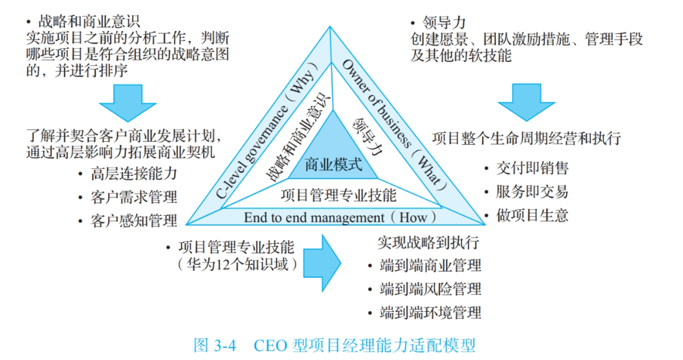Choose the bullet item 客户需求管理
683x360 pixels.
pos(133,197)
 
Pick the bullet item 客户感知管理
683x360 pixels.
pos(133,220)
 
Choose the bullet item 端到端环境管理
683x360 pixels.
pos(430,312)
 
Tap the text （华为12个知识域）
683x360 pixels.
pos(238,264)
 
